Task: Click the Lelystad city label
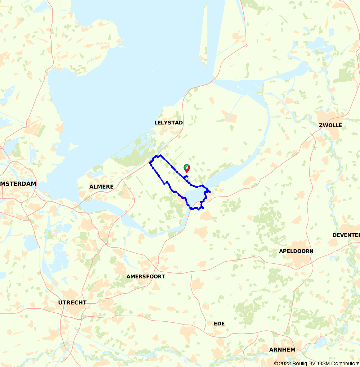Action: [168, 123]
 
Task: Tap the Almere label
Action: [102, 187]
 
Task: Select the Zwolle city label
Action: [330, 125]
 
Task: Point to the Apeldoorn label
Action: [296, 251]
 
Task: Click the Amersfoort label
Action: [146, 277]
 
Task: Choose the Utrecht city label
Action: [72, 303]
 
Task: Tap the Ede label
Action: [219, 323]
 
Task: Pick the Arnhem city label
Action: [282, 350]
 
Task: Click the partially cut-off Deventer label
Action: [346, 235]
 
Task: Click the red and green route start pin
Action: [187, 168]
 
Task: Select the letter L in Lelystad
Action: [156, 123]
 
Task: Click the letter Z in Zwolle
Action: [321, 125]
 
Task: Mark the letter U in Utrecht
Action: [60, 303]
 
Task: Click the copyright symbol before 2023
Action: [276, 363]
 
